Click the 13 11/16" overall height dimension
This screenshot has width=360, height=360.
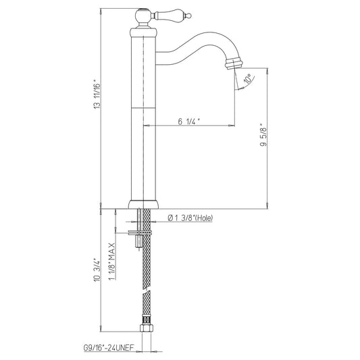tap(97, 94)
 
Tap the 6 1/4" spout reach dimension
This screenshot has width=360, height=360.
tap(188, 122)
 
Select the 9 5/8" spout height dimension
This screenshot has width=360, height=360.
tap(263, 136)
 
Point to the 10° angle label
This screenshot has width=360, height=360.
tap(248, 79)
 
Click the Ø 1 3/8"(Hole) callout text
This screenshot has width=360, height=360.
tap(190, 217)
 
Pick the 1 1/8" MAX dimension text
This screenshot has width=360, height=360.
tap(112, 261)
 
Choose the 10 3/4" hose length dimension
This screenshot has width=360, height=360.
tap(97, 270)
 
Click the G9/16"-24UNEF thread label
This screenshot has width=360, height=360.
tap(108, 348)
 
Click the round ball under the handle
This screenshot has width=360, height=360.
tap(143, 16)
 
